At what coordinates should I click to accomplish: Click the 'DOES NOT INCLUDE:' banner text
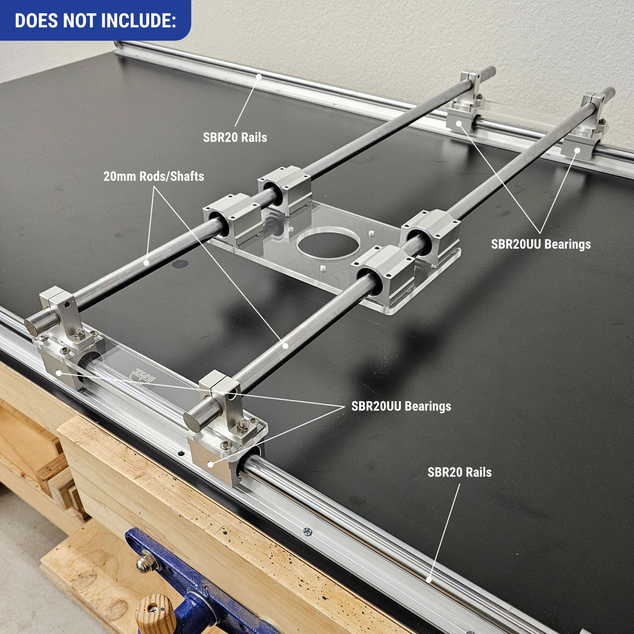pyautogui.click(x=95, y=21)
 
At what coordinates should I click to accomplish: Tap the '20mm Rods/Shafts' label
pyautogui.click(x=154, y=176)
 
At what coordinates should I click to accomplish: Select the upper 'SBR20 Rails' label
pyautogui.click(x=235, y=137)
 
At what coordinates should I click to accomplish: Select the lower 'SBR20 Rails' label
pyautogui.click(x=459, y=472)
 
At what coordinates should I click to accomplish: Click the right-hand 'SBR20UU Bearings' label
pyautogui.click(x=541, y=244)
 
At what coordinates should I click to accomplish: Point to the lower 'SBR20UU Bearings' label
pyautogui.click(x=401, y=406)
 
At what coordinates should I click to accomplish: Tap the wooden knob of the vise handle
pyautogui.click(x=156, y=614)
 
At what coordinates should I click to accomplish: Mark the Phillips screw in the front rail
pyautogui.click(x=307, y=531)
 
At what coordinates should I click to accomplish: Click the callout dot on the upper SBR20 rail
pyautogui.click(x=259, y=77)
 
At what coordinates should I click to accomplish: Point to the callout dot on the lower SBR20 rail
pyautogui.click(x=428, y=579)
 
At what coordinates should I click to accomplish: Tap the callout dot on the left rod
pyautogui.click(x=146, y=262)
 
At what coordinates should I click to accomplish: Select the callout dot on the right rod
pyautogui.click(x=285, y=346)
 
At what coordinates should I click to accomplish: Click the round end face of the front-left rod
pyautogui.click(x=32, y=327)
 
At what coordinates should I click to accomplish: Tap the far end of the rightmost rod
pyautogui.click(x=610, y=92)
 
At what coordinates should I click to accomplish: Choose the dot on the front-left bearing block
pyautogui.click(x=58, y=373)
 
